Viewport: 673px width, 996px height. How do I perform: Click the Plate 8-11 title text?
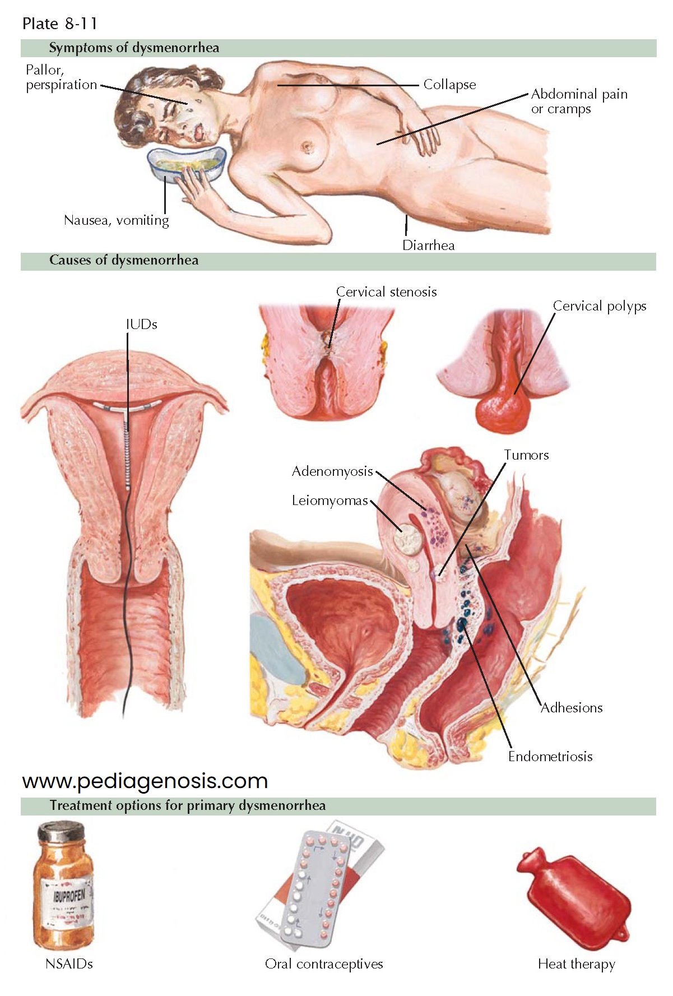coord(60,24)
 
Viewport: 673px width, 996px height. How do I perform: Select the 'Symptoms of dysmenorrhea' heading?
coord(134,48)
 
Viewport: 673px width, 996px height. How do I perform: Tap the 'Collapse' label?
coord(449,85)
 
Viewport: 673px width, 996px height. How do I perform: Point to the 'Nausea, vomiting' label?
coord(117,220)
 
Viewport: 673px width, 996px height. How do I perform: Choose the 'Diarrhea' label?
coord(428,245)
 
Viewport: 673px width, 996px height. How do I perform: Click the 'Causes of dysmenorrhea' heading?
coord(124,261)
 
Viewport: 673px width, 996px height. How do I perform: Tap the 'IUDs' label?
coord(141,325)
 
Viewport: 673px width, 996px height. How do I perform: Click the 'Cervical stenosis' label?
coord(386,292)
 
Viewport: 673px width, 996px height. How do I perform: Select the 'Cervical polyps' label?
coord(599,306)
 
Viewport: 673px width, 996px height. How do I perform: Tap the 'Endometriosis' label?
coord(550,757)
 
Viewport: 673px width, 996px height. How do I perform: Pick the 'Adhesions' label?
coord(571,708)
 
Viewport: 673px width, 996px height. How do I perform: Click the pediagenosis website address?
coord(145,781)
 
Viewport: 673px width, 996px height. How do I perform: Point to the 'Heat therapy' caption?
coord(576,964)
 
